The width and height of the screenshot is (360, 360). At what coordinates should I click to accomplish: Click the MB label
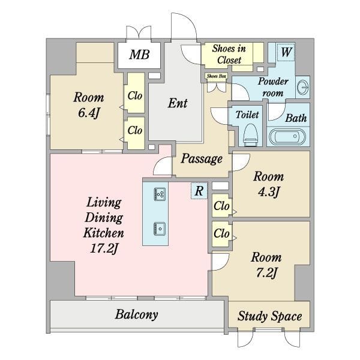tap(139, 55)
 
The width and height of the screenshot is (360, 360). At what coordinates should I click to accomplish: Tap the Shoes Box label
tap(217, 76)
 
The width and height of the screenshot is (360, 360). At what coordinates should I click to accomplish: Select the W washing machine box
tap(286, 52)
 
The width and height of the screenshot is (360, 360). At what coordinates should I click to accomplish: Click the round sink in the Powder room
tap(303, 87)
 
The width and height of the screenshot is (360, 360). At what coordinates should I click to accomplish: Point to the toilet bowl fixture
tap(250, 135)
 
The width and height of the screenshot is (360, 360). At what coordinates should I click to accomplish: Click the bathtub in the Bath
tap(287, 137)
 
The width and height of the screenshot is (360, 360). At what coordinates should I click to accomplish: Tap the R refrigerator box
tap(199, 191)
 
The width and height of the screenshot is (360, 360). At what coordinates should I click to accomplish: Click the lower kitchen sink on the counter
tap(160, 229)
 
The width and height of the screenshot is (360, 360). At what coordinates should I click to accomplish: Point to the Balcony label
tap(136, 314)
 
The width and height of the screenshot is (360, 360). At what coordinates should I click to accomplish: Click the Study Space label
tap(269, 316)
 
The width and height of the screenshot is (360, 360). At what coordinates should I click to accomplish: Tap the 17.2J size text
tap(104, 248)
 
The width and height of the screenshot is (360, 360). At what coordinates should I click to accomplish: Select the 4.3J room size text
tap(269, 191)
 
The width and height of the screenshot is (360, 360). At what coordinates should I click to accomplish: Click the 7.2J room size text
tap(266, 273)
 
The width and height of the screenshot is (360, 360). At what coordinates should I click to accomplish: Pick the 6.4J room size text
tap(89, 113)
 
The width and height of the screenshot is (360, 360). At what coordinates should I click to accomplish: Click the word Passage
tap(202, 159)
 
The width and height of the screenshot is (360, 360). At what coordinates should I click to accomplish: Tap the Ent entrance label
tap(178, 103)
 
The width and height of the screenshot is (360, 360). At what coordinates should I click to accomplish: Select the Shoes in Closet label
tap(229, 54)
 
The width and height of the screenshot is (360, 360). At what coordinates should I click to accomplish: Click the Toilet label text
tap(247, 115)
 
